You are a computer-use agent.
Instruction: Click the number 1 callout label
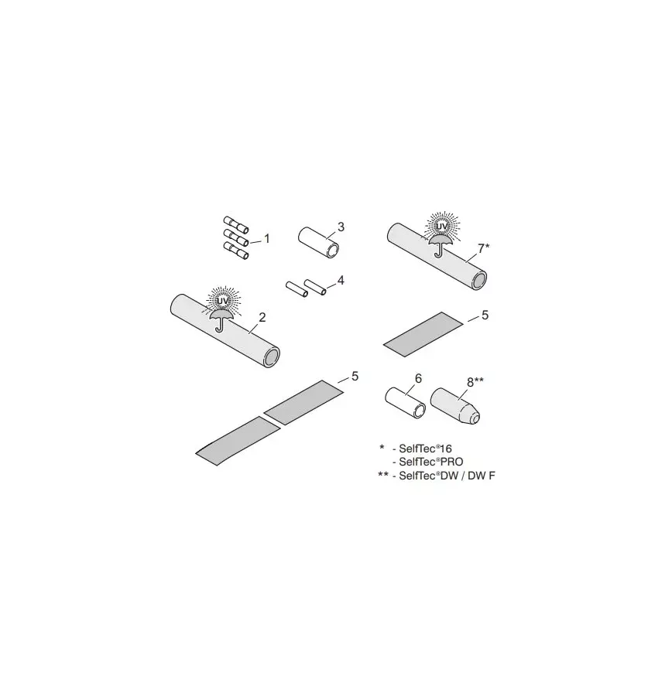266,238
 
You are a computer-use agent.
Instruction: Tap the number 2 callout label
262,317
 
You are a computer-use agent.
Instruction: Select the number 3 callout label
341,227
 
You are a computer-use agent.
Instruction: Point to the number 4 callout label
341,280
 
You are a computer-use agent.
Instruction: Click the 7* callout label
483,248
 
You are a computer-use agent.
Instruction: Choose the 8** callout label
475,380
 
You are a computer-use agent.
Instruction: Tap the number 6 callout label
418,378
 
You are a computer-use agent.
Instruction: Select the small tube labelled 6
406,402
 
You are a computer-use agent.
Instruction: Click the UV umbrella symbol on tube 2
221,309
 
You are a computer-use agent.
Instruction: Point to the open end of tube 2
271,357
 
